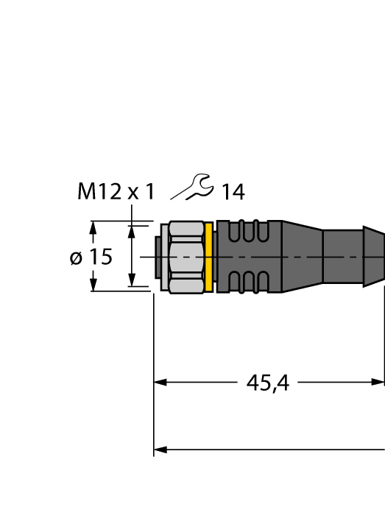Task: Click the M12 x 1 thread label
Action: tap(116, 192)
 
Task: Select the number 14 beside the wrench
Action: tap(233, 193)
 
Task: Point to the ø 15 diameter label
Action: tap(91, 257)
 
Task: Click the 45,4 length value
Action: tap(266, 383)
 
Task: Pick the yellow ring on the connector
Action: tap(210, 257)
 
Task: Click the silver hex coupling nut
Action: tap(186, 257)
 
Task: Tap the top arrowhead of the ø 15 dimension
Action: tap(93, 227)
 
